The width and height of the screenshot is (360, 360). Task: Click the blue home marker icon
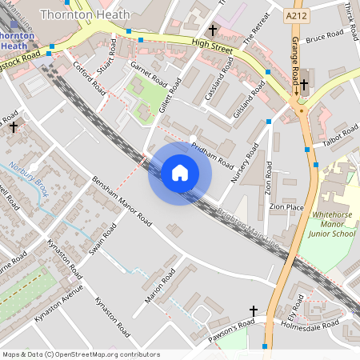(x=180, y=173)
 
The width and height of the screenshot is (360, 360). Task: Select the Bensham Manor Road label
(x=121, y=199)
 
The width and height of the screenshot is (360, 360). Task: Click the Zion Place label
(x=286, y=206)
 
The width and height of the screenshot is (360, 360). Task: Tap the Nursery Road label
(x=246, y=164)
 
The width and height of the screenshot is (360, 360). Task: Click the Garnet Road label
(x=149, y=76)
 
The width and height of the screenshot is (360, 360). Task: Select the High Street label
(x=211, y=49)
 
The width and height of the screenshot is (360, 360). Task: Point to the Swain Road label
(x=103, y=239)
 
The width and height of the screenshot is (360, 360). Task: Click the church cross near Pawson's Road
(x=254, y=311)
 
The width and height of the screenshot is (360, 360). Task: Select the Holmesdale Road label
(x=318, y=324)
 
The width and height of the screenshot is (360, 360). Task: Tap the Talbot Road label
(x=340, y=136)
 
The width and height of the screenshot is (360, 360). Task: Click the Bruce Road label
(x=324, y=36)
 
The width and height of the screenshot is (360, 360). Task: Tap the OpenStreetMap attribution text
(x=81, y=354)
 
